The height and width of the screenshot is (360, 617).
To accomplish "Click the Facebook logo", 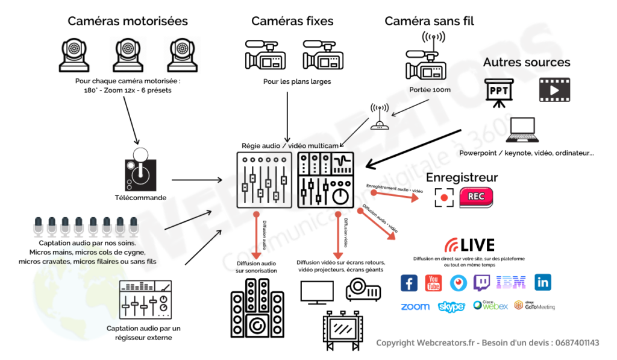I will [409, 283].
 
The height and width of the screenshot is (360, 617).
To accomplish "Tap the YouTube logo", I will [434, 283].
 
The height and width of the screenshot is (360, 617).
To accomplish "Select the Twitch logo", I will [482, 283].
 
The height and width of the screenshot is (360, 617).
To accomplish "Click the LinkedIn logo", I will [543, 282].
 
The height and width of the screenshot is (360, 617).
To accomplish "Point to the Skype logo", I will [451, 307].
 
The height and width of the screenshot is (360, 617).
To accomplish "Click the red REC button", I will [476, 197].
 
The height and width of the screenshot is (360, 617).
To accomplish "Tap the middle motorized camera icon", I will [128, 54].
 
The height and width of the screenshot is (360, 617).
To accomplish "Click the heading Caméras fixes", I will [292, 21].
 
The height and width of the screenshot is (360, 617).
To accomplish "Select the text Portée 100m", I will [430, 89].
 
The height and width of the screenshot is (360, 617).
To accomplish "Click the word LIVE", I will [477, 245].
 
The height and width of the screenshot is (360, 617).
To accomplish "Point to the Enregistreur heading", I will [462, 177].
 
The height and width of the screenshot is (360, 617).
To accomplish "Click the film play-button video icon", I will [553, 89].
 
